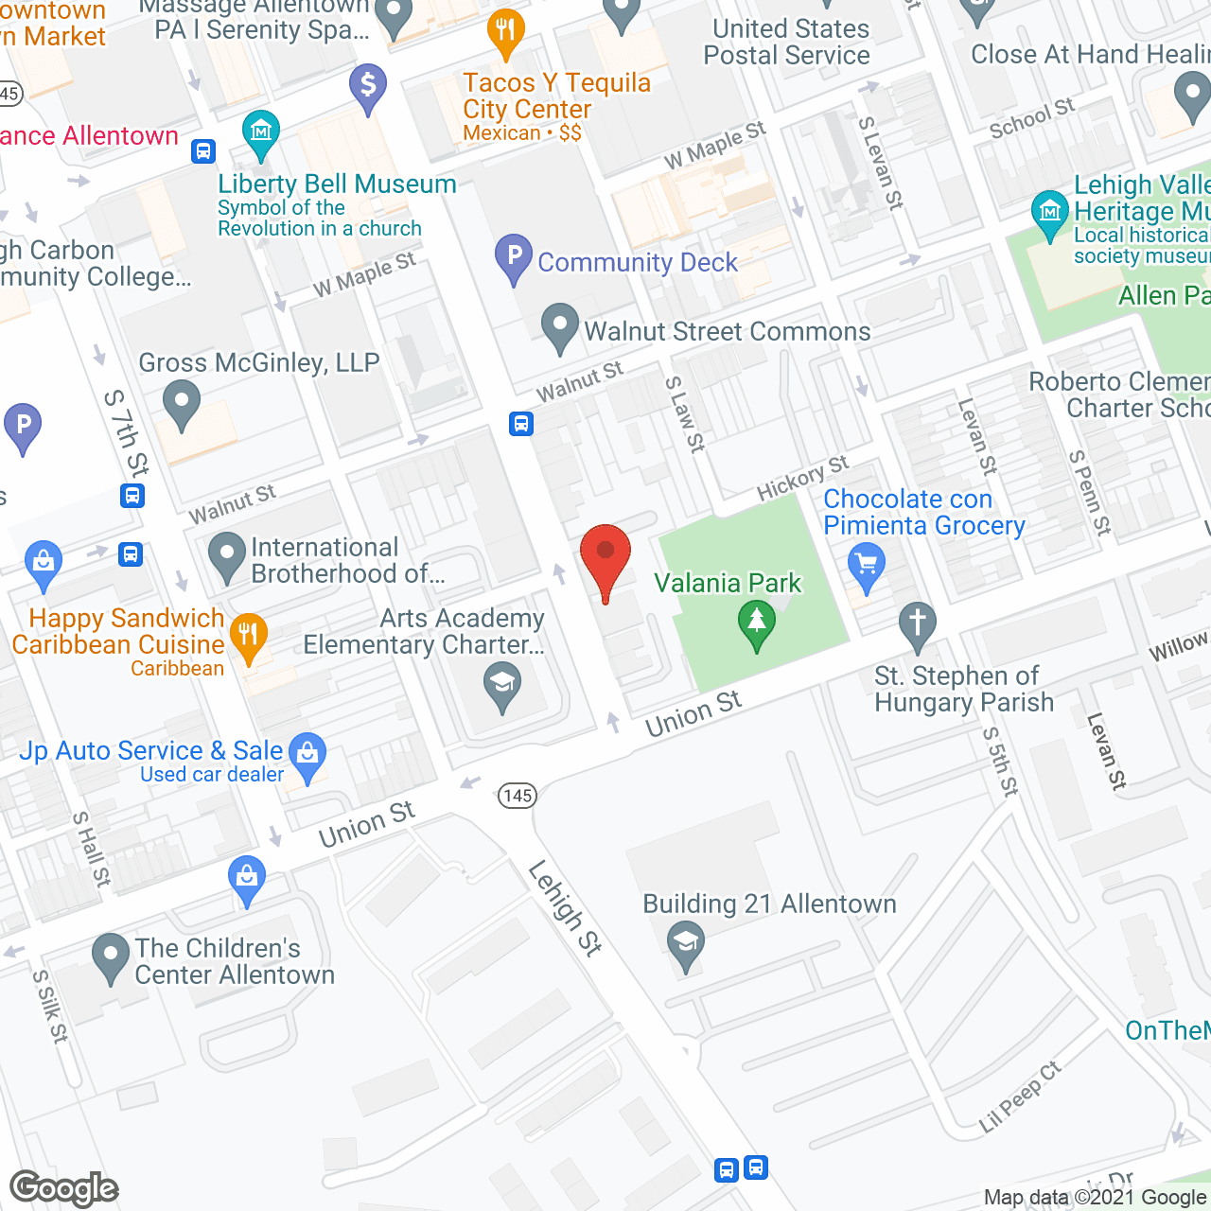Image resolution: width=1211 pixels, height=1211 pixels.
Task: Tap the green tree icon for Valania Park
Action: pos(756,623)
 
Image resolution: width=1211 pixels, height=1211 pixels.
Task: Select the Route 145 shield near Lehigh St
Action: pos(518,796)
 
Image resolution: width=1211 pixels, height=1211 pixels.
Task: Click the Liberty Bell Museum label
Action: pos(337,184)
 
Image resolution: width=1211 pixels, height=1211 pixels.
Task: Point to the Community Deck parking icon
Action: pos(514,256)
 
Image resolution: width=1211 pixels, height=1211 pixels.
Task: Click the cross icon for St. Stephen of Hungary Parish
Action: pos(917,623)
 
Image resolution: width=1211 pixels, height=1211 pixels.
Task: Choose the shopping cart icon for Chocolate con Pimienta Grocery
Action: pos(866,565)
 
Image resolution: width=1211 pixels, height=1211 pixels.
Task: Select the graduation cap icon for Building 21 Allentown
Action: pos(686,943)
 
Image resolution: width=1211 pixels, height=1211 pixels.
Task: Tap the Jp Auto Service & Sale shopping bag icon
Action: pos(307,754)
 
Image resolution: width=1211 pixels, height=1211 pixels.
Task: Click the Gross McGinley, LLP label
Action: pos(258,362)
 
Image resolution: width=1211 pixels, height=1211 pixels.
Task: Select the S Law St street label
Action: pos(685,414)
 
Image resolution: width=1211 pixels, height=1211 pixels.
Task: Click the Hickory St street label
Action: pos(802,478)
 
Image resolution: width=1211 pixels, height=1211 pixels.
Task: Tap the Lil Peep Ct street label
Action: pos(1020,1097)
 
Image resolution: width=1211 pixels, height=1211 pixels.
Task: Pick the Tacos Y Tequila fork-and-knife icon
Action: pos(506,31)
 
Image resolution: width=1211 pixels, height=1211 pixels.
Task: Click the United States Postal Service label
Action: pos(786,42)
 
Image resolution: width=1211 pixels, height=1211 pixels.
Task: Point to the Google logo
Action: pos(64,1188)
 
